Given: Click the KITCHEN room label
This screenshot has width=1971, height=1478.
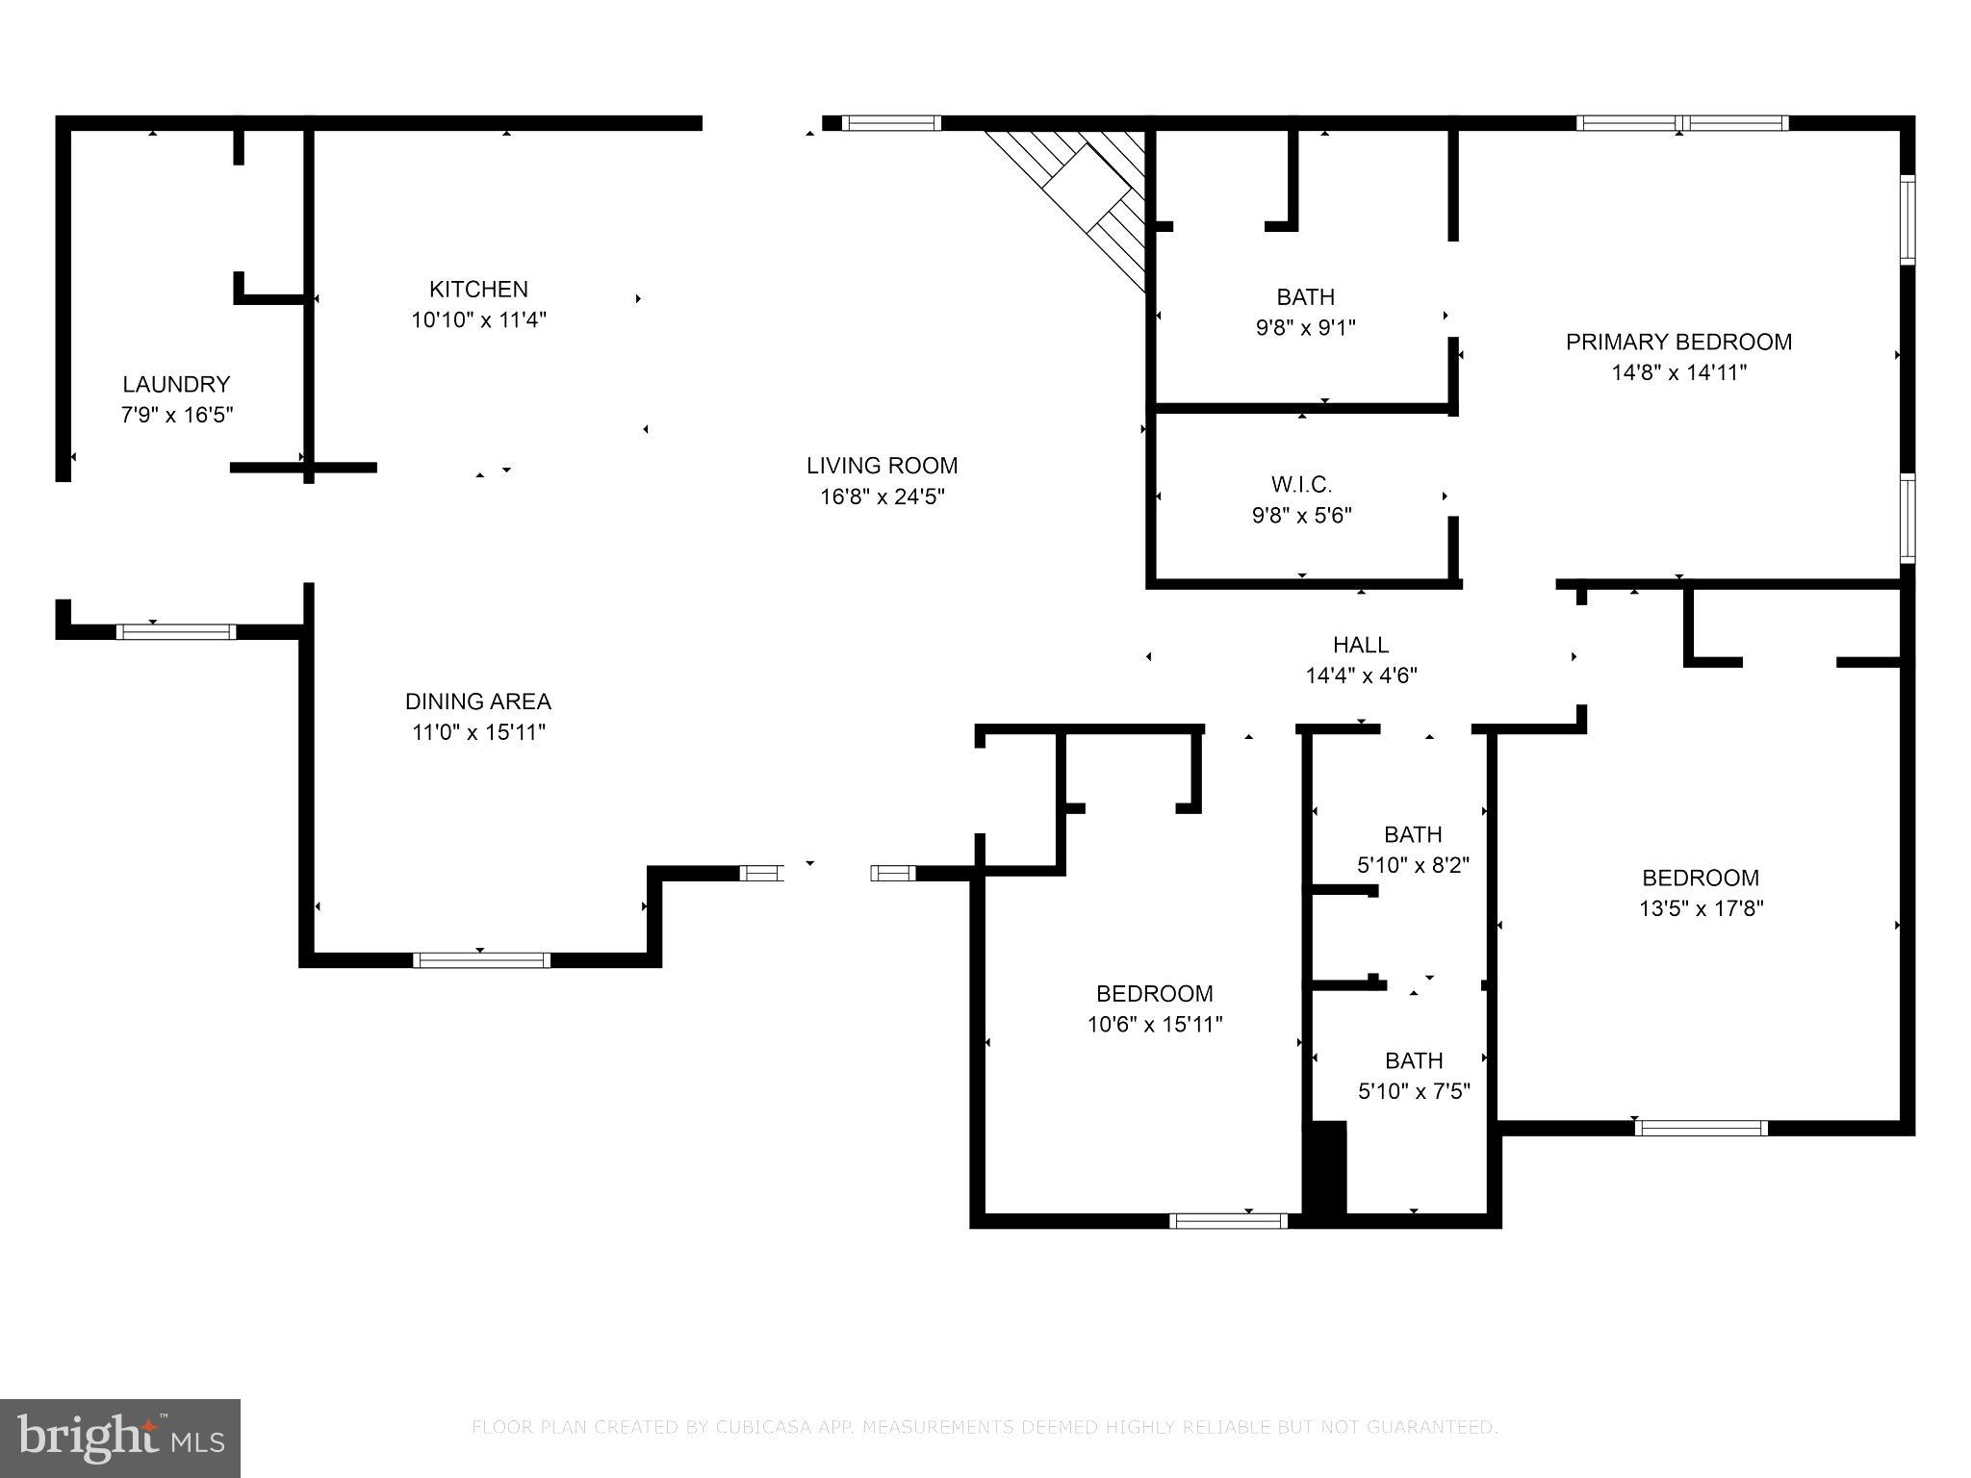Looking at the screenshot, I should pos(478,289).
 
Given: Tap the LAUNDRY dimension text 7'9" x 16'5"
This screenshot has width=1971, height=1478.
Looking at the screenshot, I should pos(177,416).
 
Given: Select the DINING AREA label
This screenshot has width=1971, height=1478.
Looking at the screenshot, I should pos(478,701).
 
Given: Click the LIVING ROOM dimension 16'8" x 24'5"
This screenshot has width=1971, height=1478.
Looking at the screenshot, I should pos(882,497).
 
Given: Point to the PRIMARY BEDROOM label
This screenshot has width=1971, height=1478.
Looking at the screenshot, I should pos(1678,343).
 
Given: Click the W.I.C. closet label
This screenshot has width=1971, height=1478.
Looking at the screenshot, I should pos(1301,484).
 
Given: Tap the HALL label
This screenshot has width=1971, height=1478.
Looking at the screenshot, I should pos(1361,645).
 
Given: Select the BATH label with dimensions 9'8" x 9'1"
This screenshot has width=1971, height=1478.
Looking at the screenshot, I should pos(1305,296).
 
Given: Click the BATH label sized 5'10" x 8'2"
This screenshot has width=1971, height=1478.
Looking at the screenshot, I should pos(1413,834).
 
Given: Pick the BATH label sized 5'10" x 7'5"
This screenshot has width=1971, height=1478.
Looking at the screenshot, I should pos(1413,1060).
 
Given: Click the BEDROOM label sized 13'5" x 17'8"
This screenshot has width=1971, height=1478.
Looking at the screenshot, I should pos(1700,878).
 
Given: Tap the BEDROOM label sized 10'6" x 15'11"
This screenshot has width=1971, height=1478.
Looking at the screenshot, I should pos(1154,993).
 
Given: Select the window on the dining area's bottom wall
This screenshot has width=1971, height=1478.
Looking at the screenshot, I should pos(481,959).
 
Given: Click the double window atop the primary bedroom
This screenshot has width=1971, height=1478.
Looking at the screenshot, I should pos(1681,123).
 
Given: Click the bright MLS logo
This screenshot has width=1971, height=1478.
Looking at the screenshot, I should pos(120,1438).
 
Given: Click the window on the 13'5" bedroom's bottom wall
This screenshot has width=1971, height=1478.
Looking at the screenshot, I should pos(1701,1128).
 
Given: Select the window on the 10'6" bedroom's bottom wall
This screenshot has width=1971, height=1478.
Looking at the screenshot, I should pos(1228,1221).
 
